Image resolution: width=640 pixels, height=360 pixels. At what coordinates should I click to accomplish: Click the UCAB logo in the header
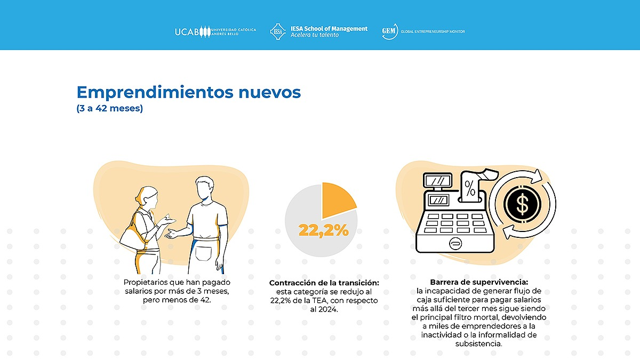point(215,31)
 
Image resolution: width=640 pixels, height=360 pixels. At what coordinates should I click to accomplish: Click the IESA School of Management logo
point(319,31)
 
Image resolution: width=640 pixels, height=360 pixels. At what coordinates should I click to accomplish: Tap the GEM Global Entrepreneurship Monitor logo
point(423,31)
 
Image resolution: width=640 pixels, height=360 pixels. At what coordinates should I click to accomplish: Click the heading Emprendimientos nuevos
point(189,92)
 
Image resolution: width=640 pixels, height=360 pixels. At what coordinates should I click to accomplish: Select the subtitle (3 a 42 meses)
point(110,109)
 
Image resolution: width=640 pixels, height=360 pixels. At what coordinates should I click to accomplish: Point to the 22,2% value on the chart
point(323,230)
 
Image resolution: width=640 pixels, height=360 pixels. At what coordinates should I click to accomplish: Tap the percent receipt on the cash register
point(470,188)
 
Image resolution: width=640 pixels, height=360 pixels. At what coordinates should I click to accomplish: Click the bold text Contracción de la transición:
point(324,283)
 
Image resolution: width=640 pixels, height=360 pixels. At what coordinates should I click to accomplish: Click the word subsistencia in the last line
point(478,344)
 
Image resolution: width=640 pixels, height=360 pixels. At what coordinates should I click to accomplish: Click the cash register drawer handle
point(455,243)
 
